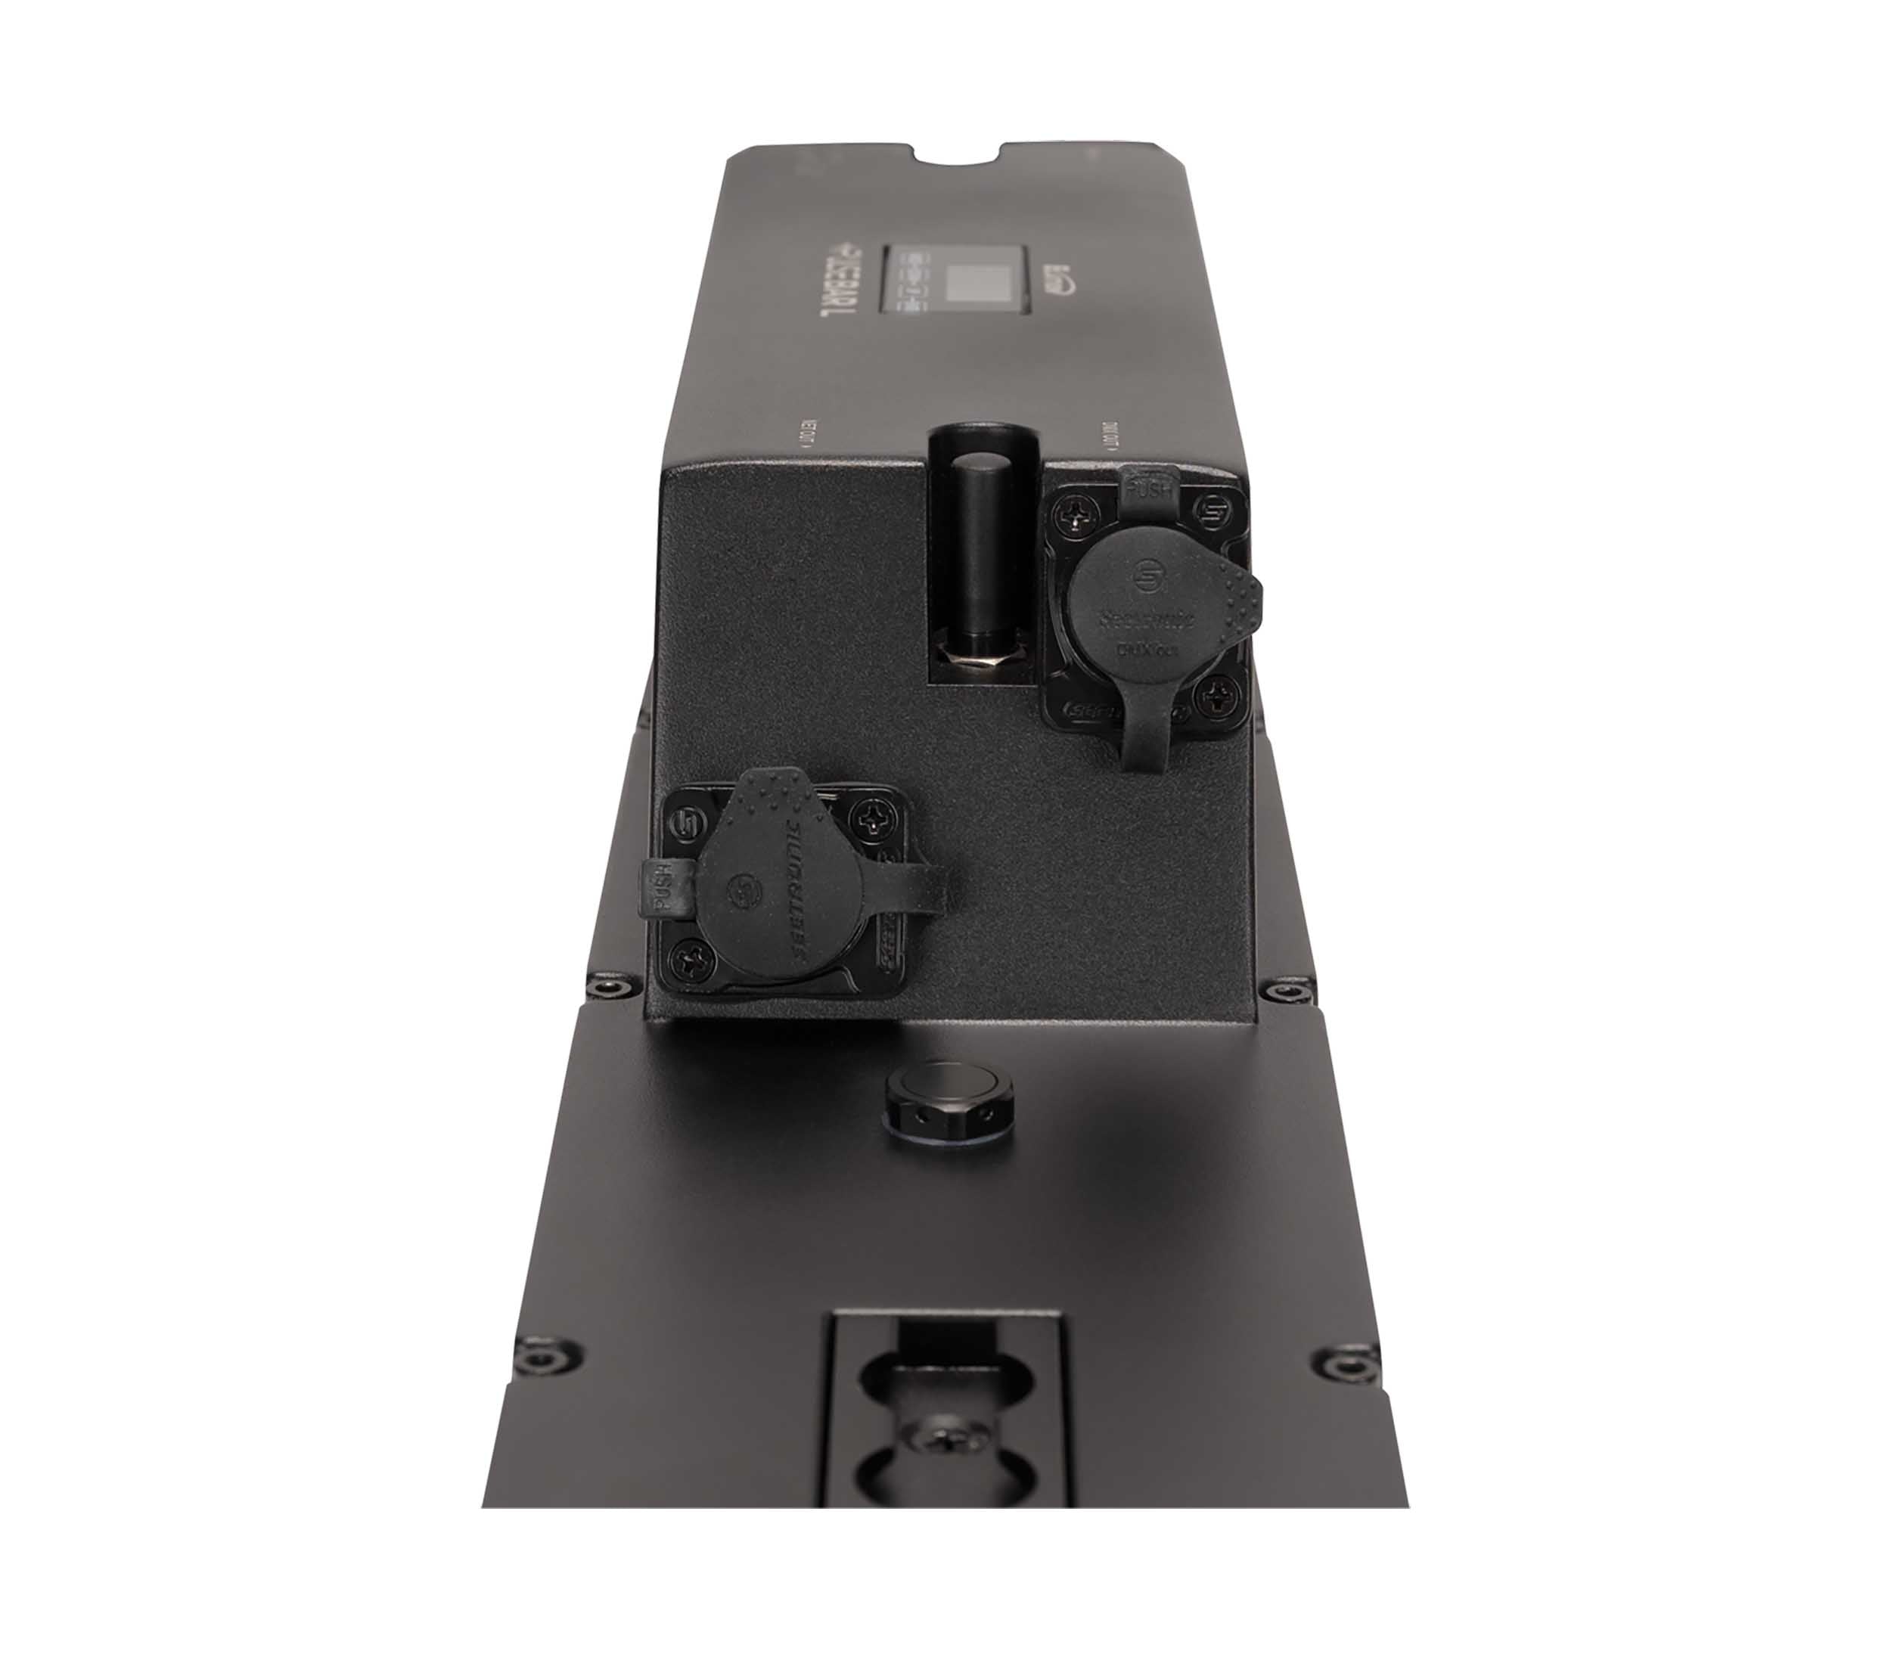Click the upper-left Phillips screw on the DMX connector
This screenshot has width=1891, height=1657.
[x=1076, y=507]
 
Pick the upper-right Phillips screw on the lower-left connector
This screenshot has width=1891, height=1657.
[x=873, y=815]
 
